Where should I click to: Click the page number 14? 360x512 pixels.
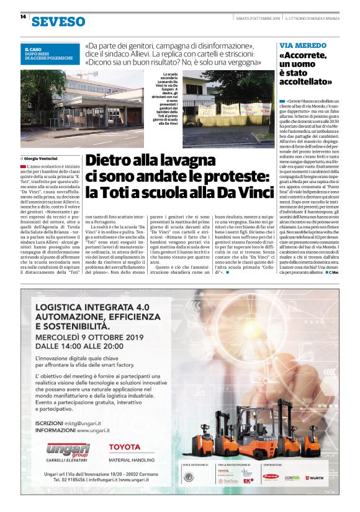point(22,17)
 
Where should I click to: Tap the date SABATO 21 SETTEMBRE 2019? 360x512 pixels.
point(258,19)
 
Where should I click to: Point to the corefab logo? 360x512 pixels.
point(292,477)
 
